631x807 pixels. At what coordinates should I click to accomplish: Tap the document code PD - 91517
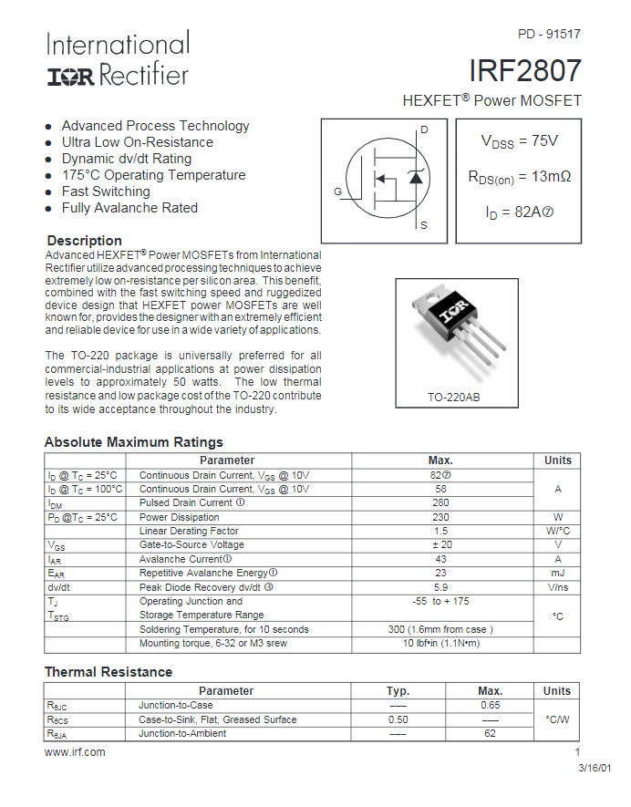[549, 34]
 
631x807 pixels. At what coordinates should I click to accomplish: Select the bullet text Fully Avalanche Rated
[129, 208]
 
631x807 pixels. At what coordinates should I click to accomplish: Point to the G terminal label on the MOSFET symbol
[337, 191]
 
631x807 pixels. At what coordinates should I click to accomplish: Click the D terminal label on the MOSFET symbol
[424, 129]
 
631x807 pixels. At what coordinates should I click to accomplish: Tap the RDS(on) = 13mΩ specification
[519, 177]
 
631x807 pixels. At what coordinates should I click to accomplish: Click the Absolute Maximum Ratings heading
[133, 442]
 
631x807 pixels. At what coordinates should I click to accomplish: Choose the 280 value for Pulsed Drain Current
[440, 502]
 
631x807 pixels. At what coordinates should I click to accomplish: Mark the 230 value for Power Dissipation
[440, 517]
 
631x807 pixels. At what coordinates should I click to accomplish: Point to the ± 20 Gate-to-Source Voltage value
[440, 544]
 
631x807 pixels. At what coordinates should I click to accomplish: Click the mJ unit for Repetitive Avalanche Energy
[558, 573]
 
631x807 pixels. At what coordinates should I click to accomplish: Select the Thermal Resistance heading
[108, 672]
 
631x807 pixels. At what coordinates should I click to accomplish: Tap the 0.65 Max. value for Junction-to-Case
[490, 705]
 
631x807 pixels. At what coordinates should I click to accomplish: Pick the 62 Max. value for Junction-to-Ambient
[490, 733]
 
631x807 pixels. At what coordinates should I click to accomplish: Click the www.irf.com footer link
[75, 752]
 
